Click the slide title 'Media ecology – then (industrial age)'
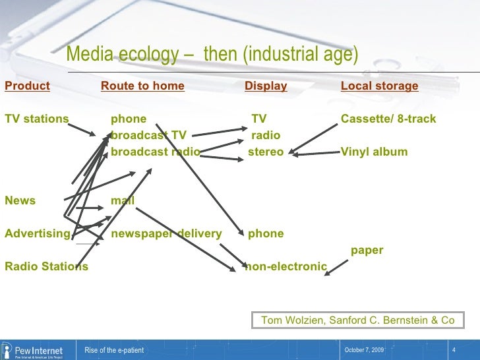212,55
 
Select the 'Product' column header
27,86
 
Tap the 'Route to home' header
142,86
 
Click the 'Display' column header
266,86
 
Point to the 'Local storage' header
379,86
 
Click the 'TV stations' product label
36,119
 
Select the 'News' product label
20,200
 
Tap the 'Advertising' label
37,233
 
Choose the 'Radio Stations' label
46,266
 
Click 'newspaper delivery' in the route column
166,233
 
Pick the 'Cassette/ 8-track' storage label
388,119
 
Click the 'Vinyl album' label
374,152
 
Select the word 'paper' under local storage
367,250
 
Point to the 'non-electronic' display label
286,266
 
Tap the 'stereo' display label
266,152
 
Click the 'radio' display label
266,135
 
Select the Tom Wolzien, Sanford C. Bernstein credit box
358,320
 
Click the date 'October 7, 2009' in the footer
365,349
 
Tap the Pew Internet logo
33,349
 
